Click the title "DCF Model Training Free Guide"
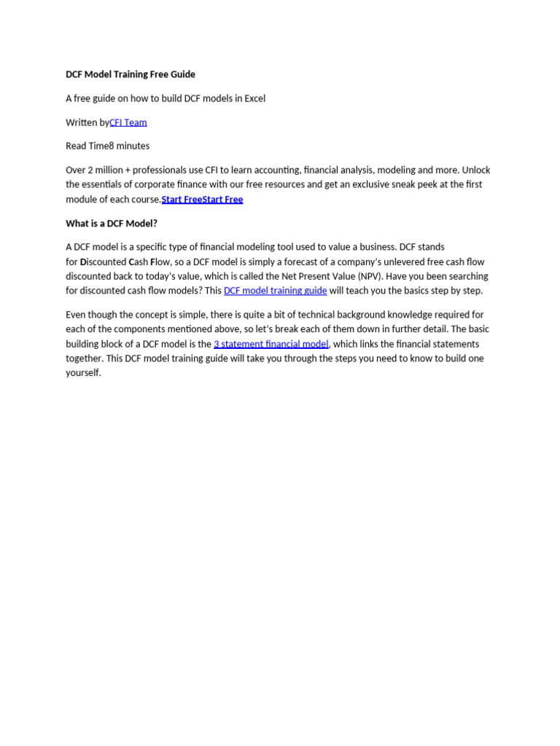click(131, 74)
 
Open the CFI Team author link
click(128, 122)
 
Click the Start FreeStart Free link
click(202, 200)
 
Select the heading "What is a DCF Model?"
click(112, 224)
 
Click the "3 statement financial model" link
click(271, 344)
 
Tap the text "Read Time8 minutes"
click(108, 146)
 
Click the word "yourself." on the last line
click(83, 373)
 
